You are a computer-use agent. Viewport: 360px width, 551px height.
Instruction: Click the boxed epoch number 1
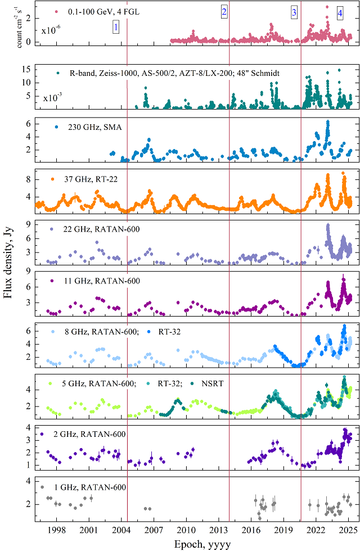(116, 26)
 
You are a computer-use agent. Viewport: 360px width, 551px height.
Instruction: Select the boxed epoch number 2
(224, 12)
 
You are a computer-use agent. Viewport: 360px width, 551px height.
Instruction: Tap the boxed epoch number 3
(294, 12)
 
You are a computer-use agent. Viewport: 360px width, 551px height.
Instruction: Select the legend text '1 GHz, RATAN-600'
(91, 487)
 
